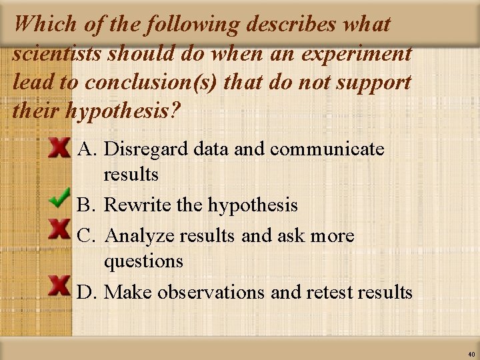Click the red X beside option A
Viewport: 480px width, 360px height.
point(60,148)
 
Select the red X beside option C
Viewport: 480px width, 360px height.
point(60,229)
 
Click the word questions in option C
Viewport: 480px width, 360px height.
point(143,261)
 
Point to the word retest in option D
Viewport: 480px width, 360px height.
point(329,292)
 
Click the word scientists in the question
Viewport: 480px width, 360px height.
point(57,53)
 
